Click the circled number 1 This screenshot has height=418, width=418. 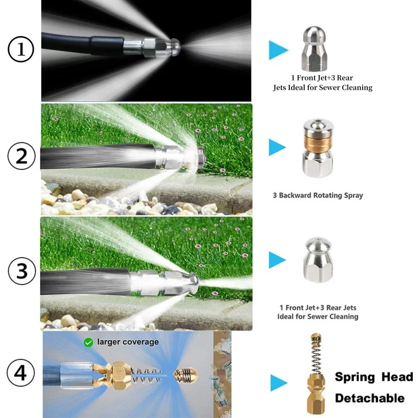click(21, 49)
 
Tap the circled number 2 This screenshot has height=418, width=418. click(21, 156)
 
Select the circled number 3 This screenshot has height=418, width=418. click(22, 271)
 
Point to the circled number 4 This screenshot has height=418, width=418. click(20, 373)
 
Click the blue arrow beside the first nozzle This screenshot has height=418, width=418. click(278, 50)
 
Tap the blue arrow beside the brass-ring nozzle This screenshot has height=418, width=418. click(277, 147)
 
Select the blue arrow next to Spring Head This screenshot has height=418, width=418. click(279, 383)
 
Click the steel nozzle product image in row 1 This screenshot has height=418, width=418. click(315, 49)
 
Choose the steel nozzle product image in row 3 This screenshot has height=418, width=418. click(318, 260)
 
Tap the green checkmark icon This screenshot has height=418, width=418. click(88, 342)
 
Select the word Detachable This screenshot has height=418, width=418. click(370, 398)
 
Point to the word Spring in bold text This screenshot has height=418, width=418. click(355, 377)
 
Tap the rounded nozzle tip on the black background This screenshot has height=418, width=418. click(175, 47)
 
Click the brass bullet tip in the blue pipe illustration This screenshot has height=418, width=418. click(185, 375)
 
